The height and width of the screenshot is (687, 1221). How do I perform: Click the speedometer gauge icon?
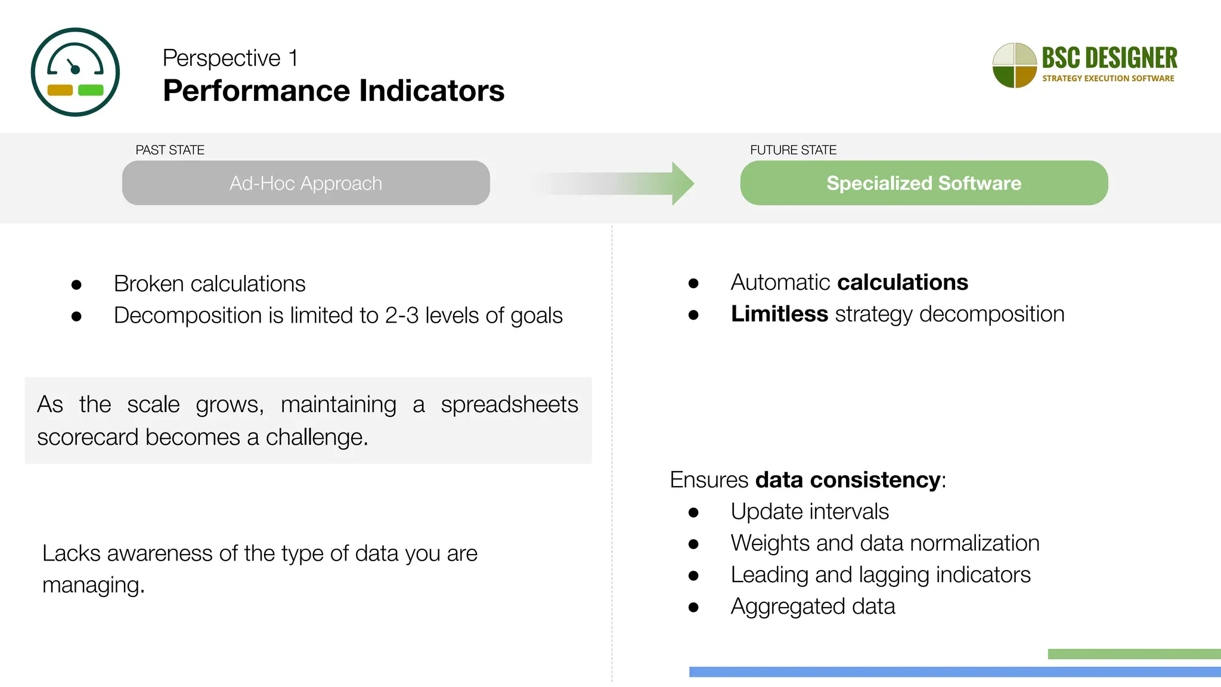click(x=75, y=72)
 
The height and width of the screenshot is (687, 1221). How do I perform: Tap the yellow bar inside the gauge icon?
click(x=60, y=90)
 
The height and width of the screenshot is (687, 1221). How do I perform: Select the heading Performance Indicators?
click(x=333, y=91)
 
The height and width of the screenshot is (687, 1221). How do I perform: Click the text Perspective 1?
click(x=230, y=58)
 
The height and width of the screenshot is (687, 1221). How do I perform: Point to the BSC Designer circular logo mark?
click(x=1014, y=66)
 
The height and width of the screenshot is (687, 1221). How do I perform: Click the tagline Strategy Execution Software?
click(x=1108, y=78)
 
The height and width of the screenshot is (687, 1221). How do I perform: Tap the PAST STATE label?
click(x=170, y=150)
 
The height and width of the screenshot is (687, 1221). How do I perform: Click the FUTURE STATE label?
click(x=793, y=150)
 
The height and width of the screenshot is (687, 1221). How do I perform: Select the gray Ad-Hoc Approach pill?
click(x=306, y=183)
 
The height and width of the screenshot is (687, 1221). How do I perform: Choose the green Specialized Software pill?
click(x=924, y=183)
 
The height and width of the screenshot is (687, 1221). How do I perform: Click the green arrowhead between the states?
click(x=682, y=184)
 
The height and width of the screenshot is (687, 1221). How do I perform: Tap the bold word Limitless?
click(x=779, y=314)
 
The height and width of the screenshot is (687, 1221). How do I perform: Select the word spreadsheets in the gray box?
click(x=509, y=404)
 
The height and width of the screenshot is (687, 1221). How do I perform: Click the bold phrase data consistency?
click(x=848, y=480)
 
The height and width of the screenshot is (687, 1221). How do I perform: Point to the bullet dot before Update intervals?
click(x=693, y=512)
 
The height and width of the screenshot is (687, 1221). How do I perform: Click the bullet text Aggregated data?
click(x=813, y=606)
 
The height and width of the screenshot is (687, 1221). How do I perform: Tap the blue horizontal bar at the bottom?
click(x=954, y=672)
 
